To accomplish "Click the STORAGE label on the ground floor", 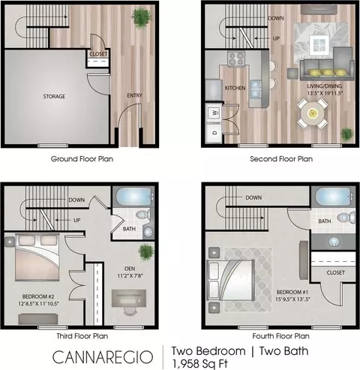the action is [x=54, y=96].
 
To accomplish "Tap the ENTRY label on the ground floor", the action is [x=134, y=95].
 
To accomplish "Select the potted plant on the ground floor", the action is [x=142, y=18].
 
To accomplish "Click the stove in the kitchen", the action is [x=236, y=59].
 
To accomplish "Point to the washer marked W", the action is [x=214, y=113].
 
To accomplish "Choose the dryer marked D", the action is [x=214, y=133].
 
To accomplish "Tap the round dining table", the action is [x=313, y=114].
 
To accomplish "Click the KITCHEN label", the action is [x=235, y=88].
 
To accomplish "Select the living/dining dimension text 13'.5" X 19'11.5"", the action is [x=325, y=93].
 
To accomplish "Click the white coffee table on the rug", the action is [x=319, y=45].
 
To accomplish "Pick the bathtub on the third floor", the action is [x=134, y=197].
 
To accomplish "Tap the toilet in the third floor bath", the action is [x=143, y=215].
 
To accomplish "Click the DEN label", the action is [x=130, y=269].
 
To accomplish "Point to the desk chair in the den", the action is [x=129, y=311].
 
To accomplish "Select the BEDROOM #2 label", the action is [x=38, y=296].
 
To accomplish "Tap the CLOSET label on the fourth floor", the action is [x=336, y=272].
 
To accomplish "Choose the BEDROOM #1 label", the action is [x=289, y=292].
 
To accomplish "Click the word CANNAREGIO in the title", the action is [x=103, y=357].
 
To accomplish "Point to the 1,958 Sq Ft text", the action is [x=199, y=364].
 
